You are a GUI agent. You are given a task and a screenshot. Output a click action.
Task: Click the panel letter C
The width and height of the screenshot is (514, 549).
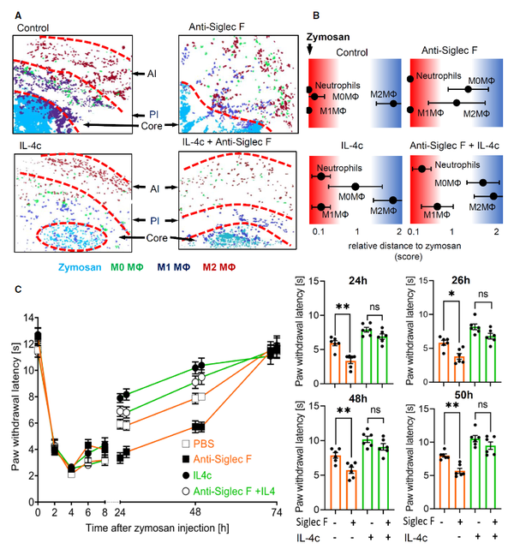pos(18,289)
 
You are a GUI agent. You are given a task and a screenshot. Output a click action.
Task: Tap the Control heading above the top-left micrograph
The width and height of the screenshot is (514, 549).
pos(35,28)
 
